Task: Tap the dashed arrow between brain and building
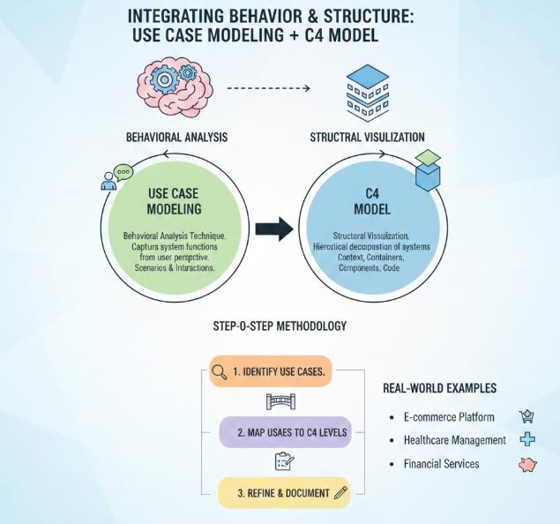[x=268, y=89]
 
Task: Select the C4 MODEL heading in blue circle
[x=371, y=200]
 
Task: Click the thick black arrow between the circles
[x=273, y=231]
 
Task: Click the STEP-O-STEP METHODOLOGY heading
[x=280, y=326]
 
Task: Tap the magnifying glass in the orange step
[x=220, y=372]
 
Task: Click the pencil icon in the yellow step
[x=340, y=492]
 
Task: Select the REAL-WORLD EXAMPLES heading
[x=439, y=388]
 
